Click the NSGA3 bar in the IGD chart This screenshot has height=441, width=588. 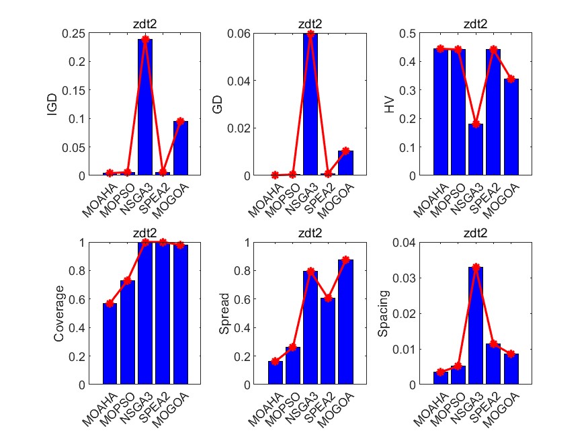point(145,108)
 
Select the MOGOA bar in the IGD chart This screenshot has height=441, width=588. point(181,148)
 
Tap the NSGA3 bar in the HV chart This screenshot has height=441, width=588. point(476,149)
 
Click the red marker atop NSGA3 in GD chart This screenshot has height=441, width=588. point(310,34)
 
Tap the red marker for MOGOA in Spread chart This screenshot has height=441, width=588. point(345,259)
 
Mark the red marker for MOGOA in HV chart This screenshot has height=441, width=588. point(511,79)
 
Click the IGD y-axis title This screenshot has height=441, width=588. point(52,104)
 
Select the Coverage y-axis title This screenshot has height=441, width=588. point(59,313)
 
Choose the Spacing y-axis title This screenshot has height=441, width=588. point(383,313)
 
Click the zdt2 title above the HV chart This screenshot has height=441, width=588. point(476,24)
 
